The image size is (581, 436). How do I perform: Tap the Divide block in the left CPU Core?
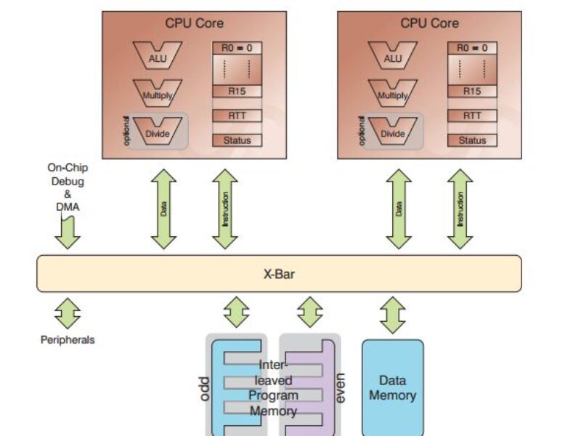coord(157,133)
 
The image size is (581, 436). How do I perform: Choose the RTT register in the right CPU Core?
coord(472,116)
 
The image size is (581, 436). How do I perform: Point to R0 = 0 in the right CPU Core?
coord(472,49)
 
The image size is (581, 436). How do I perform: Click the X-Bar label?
coord(279,275)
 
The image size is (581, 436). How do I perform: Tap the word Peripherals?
coord(68,339)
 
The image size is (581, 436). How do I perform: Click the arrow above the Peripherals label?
coord(68,312)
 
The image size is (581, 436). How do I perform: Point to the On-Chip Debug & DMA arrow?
coord(68,233)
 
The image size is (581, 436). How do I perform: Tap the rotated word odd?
coord(203,389)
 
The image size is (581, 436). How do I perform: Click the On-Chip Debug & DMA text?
coord(68,186)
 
